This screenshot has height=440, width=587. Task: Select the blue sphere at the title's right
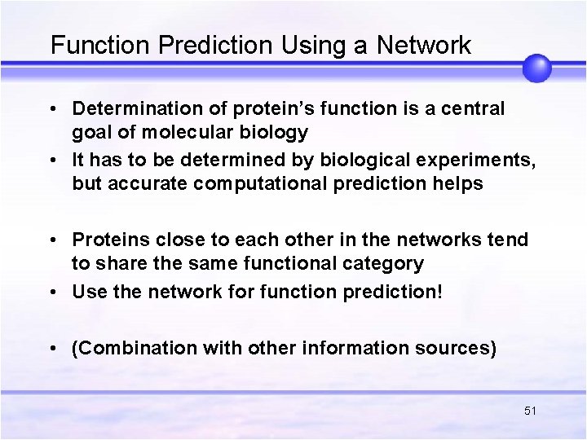(536, 68)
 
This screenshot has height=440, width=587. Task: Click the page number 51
(530, 411)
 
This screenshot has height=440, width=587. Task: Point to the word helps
(459, 183)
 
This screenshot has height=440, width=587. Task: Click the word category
(383, 263)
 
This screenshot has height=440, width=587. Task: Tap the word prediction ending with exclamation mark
(395, 292)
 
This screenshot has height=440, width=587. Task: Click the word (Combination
(135, 349)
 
